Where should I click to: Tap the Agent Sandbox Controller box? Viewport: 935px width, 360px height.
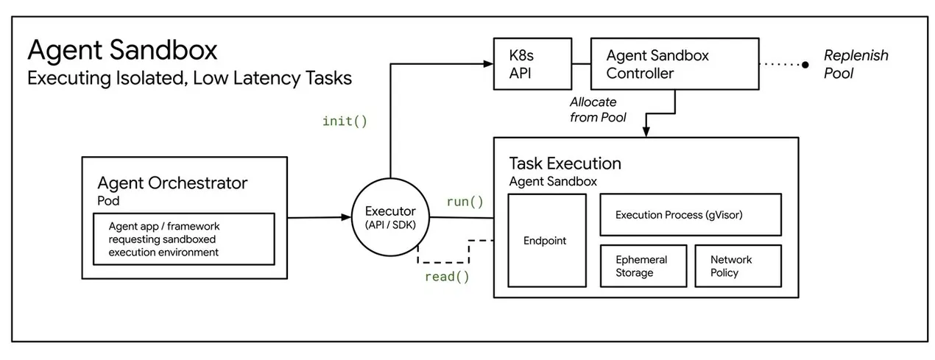click(675, 64)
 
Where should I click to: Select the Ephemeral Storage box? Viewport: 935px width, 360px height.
click(641, 266)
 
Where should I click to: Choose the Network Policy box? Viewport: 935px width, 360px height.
click(738, 266)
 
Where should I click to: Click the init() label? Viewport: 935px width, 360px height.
click(345, 121)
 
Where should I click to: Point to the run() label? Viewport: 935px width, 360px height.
click(465, 202)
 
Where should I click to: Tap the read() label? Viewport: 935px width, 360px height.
click(446, 277)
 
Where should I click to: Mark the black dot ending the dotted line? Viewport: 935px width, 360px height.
click(805, 64)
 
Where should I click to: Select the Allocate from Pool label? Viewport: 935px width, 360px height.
click(596, 110)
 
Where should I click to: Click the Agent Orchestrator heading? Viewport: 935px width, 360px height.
click(172, 183)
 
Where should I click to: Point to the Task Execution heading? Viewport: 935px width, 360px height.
click(565, 163)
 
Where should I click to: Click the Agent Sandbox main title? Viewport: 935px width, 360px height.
click(122, 51)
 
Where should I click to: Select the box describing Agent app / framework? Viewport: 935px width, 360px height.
click(183, 239)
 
